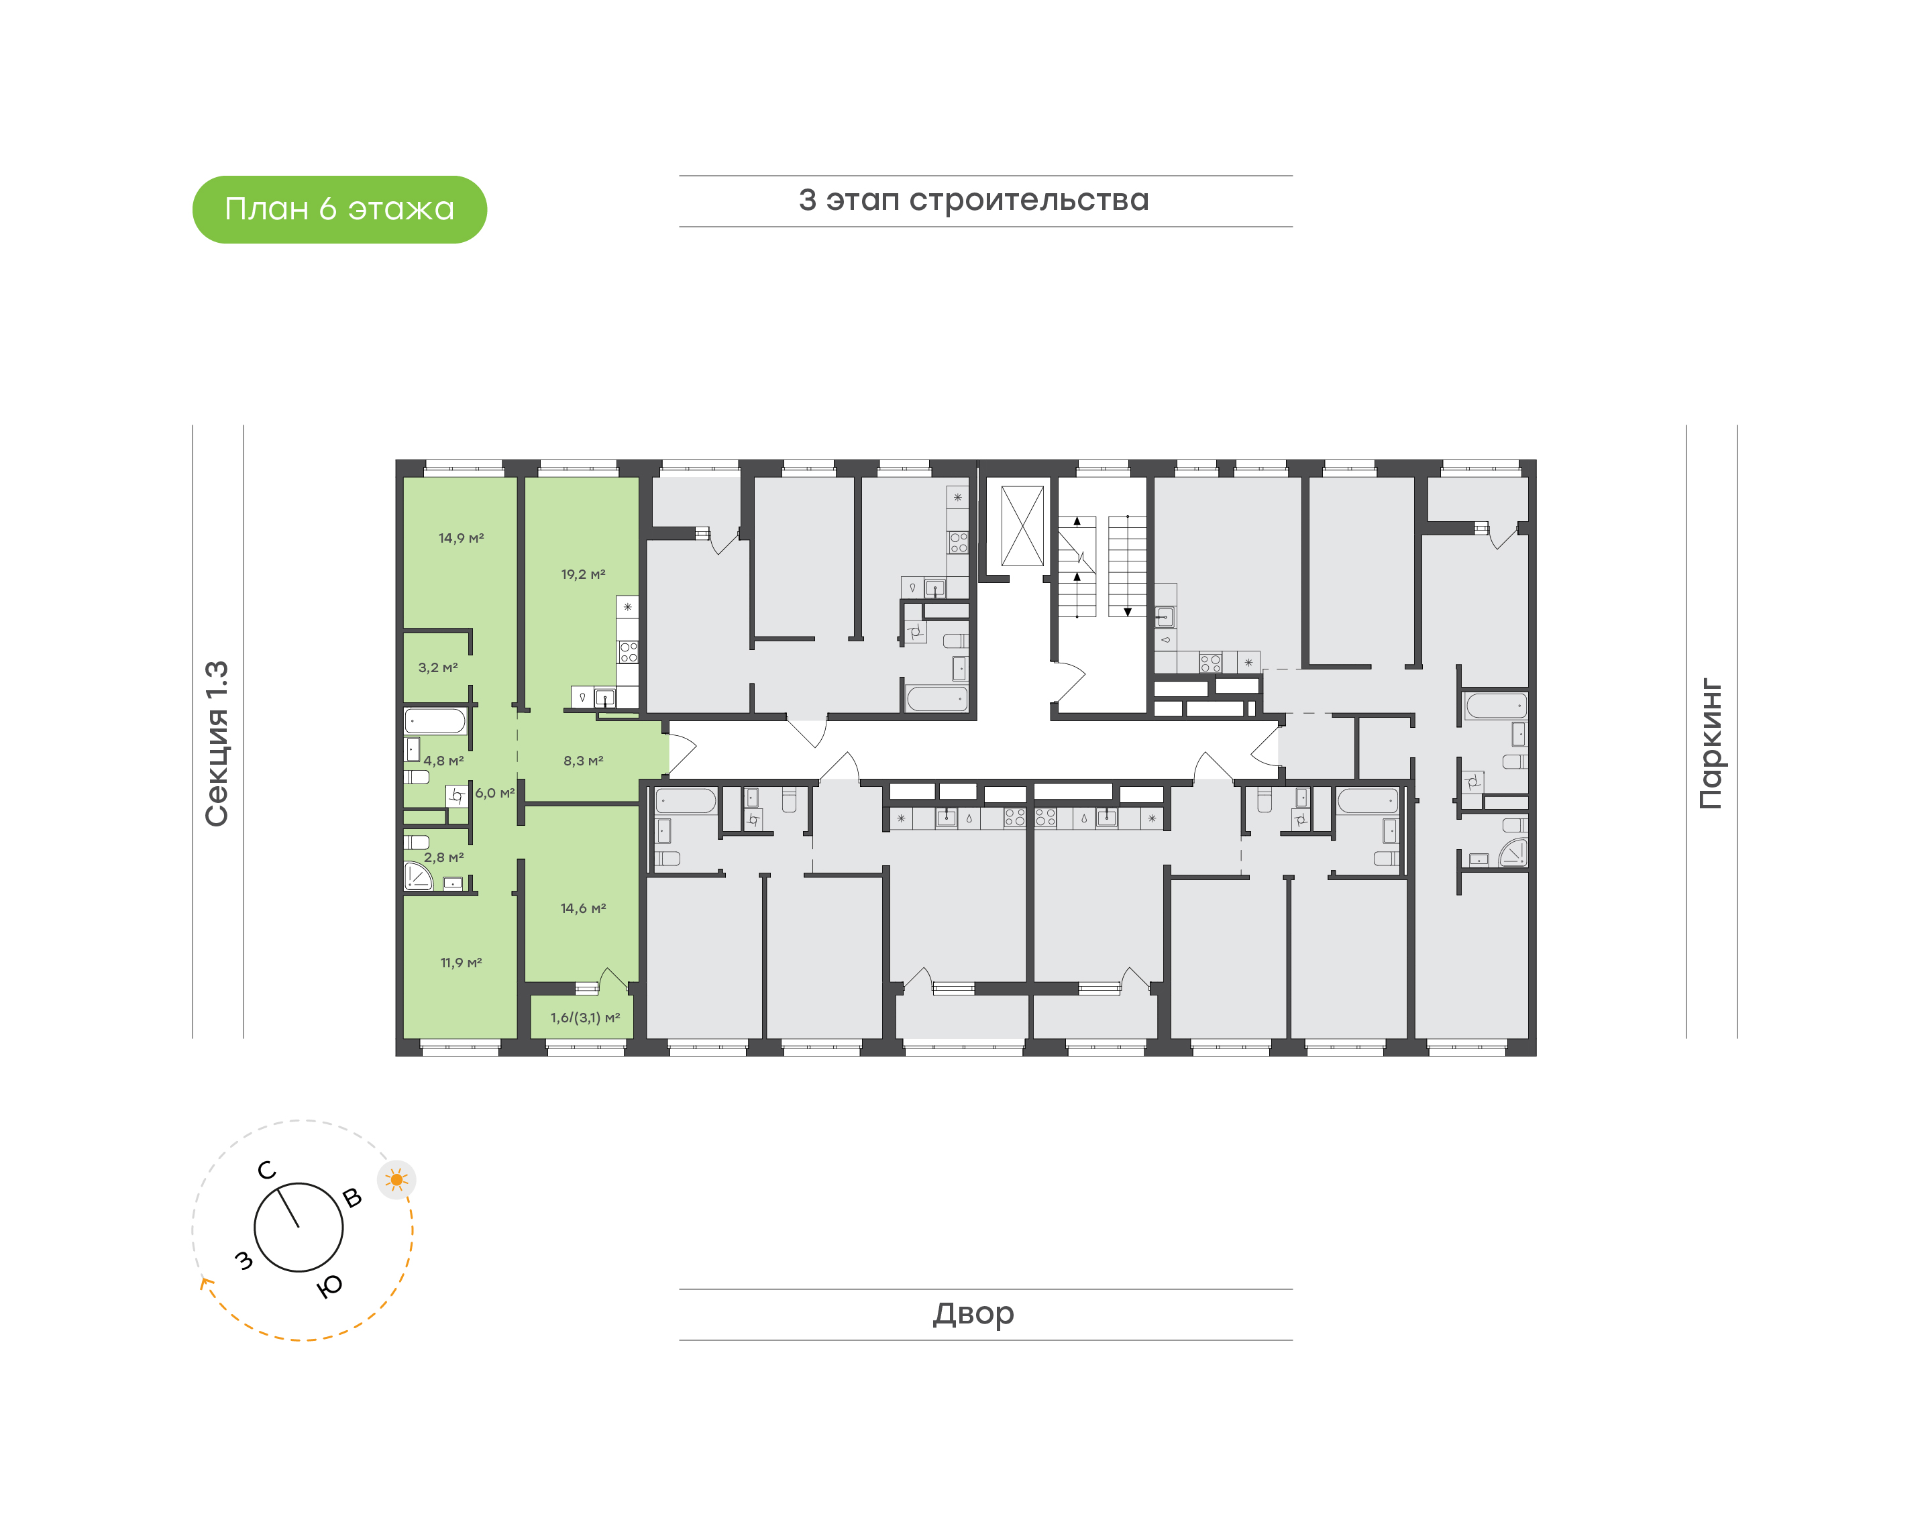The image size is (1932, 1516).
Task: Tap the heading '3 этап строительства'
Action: [x=973, y=201]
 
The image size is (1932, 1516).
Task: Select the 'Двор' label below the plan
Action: [x=973, y=1313]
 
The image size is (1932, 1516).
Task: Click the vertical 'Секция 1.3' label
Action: [x=217, y=743]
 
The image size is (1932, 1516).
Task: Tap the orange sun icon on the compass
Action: [x=396, y=1180]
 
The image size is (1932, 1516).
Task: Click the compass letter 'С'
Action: [x=267, y=1171]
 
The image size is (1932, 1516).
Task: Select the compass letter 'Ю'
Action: [x=330, y=1286]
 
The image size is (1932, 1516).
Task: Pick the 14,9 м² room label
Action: [x=461, y=538]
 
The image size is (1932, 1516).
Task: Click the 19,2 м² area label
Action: [x=583, y=574]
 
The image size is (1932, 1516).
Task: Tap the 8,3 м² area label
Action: [x=583, y=761]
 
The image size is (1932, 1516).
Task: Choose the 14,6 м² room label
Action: [x=583, y=908]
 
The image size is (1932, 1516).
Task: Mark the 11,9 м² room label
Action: [x=461, y=962]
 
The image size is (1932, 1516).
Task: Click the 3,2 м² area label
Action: [x=437, y=667]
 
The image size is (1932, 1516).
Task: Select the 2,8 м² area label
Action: [x=443, y=857]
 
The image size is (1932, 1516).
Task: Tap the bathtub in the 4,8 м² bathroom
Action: [x=435, y=720]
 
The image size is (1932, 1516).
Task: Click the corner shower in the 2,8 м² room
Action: [x=417, y=876]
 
